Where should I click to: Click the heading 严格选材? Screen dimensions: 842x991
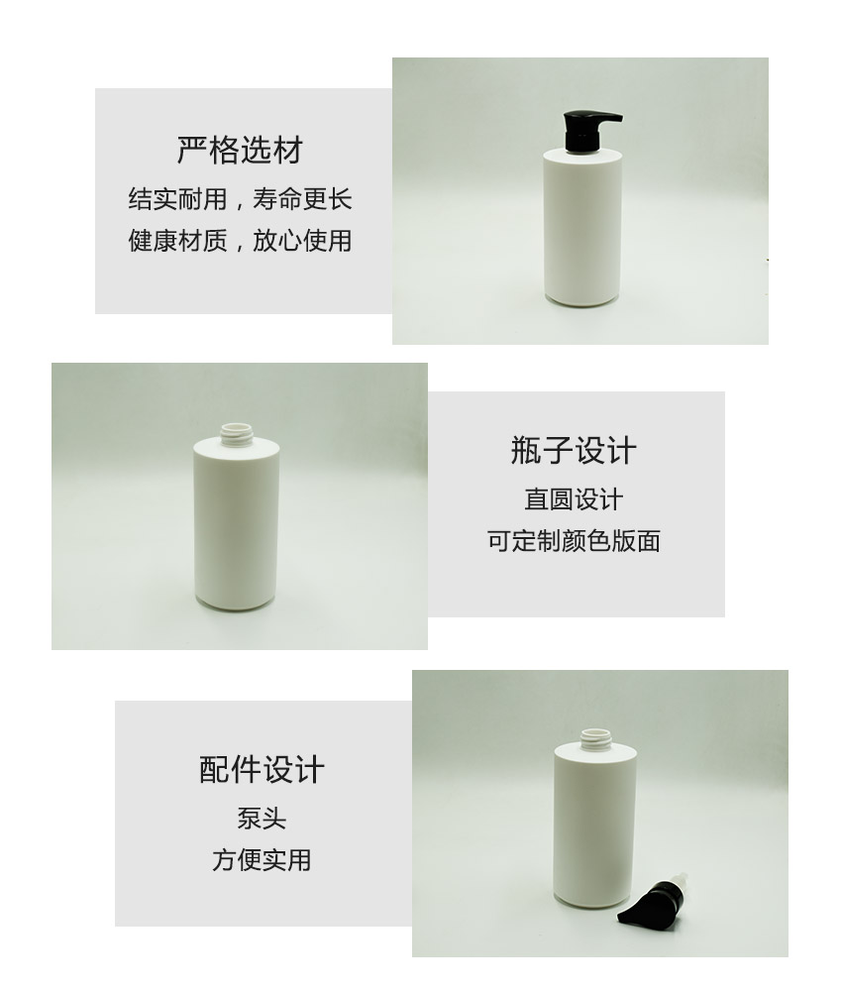pyautogui.click(x=240, y=151)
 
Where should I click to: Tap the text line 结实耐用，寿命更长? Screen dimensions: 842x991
pyautogui.click(x=240, y=199)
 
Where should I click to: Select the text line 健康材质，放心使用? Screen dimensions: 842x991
pyautogui.click(x=240, y=241)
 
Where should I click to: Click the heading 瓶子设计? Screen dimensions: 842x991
pyautogui.click(x=574, y=451)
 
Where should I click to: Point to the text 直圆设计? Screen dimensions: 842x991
pyautogui.click(x=574, y=499)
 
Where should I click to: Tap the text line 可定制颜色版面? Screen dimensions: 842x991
pyautogui.click(x=574, y=541)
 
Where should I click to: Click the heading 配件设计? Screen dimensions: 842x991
pyautogui.click(x=262, y=770)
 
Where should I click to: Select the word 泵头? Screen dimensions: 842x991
pyautogui.click(x=262, y=819)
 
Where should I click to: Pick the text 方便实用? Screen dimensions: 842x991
pyautogui.click(x=262, y=860)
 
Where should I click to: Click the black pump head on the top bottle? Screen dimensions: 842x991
pyautogui.click(x=584, y=131)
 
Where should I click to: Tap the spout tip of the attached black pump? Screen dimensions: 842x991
pyautogui.click(x=620, y=118)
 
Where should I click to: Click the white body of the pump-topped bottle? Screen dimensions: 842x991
pyautogui.click(x=582, y=229)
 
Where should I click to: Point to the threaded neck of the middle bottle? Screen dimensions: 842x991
pyautogui.click(x=237, y=434)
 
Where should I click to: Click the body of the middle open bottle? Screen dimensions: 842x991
pyautogui.click(x=236, y=524)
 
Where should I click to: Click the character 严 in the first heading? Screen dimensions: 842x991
pyautogui.click(x=192, y=151)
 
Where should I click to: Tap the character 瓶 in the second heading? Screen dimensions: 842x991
pyautogui.click(x=526, y=451)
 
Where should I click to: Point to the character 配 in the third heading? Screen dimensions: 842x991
pyautogui.click(x=215, y=770)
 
